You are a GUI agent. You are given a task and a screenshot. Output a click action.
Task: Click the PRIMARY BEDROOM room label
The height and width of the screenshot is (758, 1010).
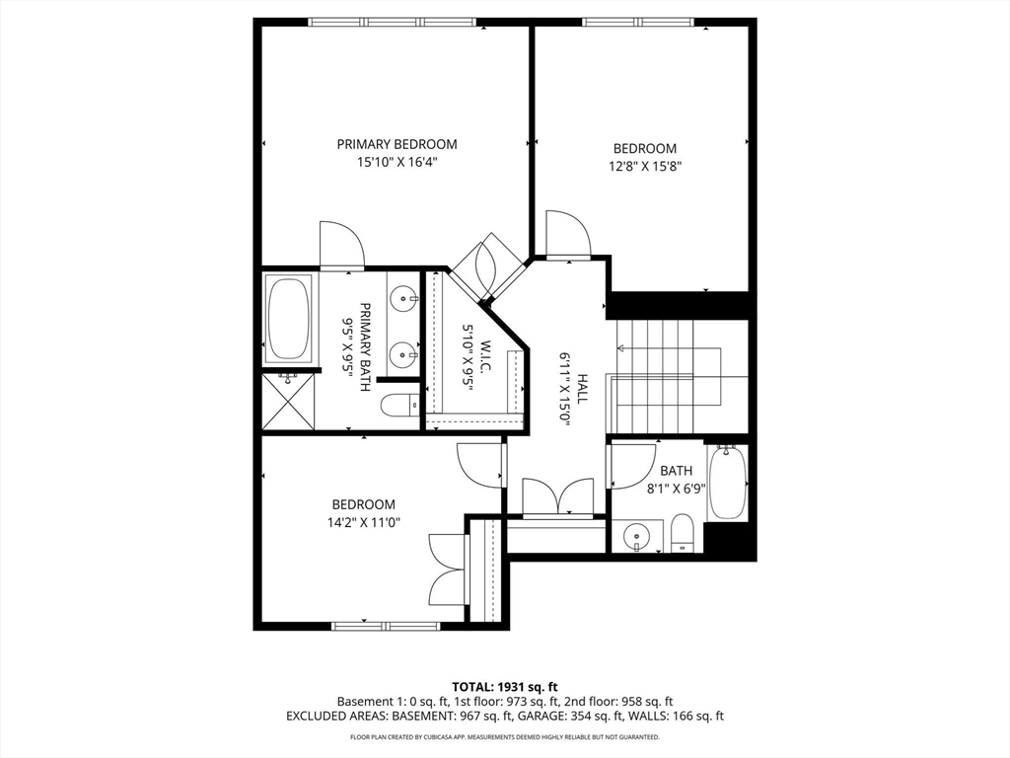coord(397,144)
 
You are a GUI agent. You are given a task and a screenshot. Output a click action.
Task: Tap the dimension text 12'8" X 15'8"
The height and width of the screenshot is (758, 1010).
coord(643,167)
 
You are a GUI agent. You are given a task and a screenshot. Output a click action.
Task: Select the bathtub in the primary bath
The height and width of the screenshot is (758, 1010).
coord(288,318)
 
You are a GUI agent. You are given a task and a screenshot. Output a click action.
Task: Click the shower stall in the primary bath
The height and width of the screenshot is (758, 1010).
coord(288,401)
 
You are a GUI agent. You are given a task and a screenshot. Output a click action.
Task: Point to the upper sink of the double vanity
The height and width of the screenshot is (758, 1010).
coord(402,296)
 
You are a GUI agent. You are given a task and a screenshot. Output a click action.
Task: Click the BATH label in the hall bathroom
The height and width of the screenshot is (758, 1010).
coord(677,471)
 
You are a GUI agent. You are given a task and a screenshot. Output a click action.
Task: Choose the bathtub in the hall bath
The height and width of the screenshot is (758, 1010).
coord(727,484)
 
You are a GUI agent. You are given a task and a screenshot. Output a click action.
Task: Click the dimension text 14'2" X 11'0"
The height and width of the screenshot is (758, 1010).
coord(363,523)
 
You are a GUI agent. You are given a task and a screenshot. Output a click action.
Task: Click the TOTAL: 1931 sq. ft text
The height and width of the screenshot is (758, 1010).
coord(505,686)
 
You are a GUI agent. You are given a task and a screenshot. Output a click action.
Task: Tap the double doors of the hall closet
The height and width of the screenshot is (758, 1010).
coord(557,497)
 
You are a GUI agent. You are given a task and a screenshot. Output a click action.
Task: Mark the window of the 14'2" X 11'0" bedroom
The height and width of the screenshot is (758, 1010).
coord(386,625)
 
